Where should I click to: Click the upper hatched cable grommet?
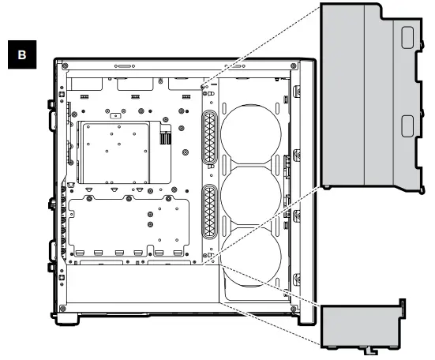click(210, 139)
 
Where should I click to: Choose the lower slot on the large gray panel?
click(406, 126)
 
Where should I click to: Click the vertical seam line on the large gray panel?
click(360, 95)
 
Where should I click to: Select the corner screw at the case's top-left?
click(62, 66)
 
